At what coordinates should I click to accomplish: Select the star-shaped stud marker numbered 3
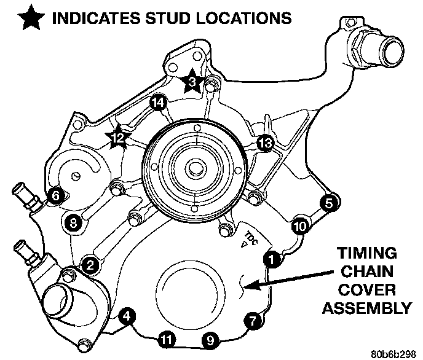point(192,81)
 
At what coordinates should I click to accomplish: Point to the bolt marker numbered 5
point(328,202)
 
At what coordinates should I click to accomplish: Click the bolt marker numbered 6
point(55,196)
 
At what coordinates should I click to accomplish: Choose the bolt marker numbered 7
point(251,319)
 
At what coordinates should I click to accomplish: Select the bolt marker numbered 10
point(299,225)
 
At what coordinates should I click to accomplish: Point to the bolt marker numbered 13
point(264,143)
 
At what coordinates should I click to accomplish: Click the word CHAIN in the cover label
point(365,271)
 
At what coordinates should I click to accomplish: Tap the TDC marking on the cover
point(249,237)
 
